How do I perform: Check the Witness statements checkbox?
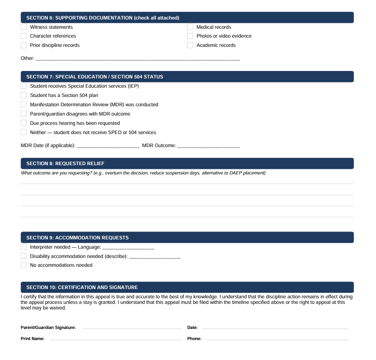(24, 27)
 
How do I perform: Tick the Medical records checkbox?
(190, 27)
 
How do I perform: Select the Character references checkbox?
(24, 36)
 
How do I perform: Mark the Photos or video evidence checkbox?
(190, 36)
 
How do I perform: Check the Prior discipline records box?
(24, 45)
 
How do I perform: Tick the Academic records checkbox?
(190, 45)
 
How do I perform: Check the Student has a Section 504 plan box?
(24, 96)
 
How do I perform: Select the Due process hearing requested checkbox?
(24, 123)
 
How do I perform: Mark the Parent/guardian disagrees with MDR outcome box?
(24, 114)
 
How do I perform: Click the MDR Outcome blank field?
(208, 146)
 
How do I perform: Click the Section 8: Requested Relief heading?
(65, 163)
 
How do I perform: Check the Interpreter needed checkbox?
(24, 247)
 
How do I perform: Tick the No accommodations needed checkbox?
(24, 265)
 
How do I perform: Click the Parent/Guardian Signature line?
(132, 328)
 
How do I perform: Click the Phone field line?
(276, 339)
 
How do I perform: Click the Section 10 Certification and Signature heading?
(82, 287)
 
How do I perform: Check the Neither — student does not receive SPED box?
(24, 133)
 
